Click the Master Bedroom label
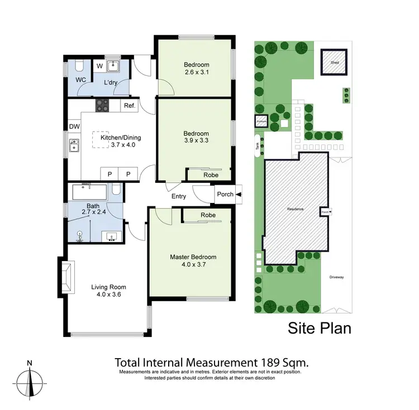point(193,257)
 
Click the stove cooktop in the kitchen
point(103,104)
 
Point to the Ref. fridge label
point(130,105)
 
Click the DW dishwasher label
point(74,127)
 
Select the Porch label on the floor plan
point(225,195)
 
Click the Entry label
point(179,196)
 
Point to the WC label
point(80,80)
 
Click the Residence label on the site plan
point(295,209)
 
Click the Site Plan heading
point(320,328)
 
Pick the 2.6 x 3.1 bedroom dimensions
point(196,71)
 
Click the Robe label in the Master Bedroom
point(208,215)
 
